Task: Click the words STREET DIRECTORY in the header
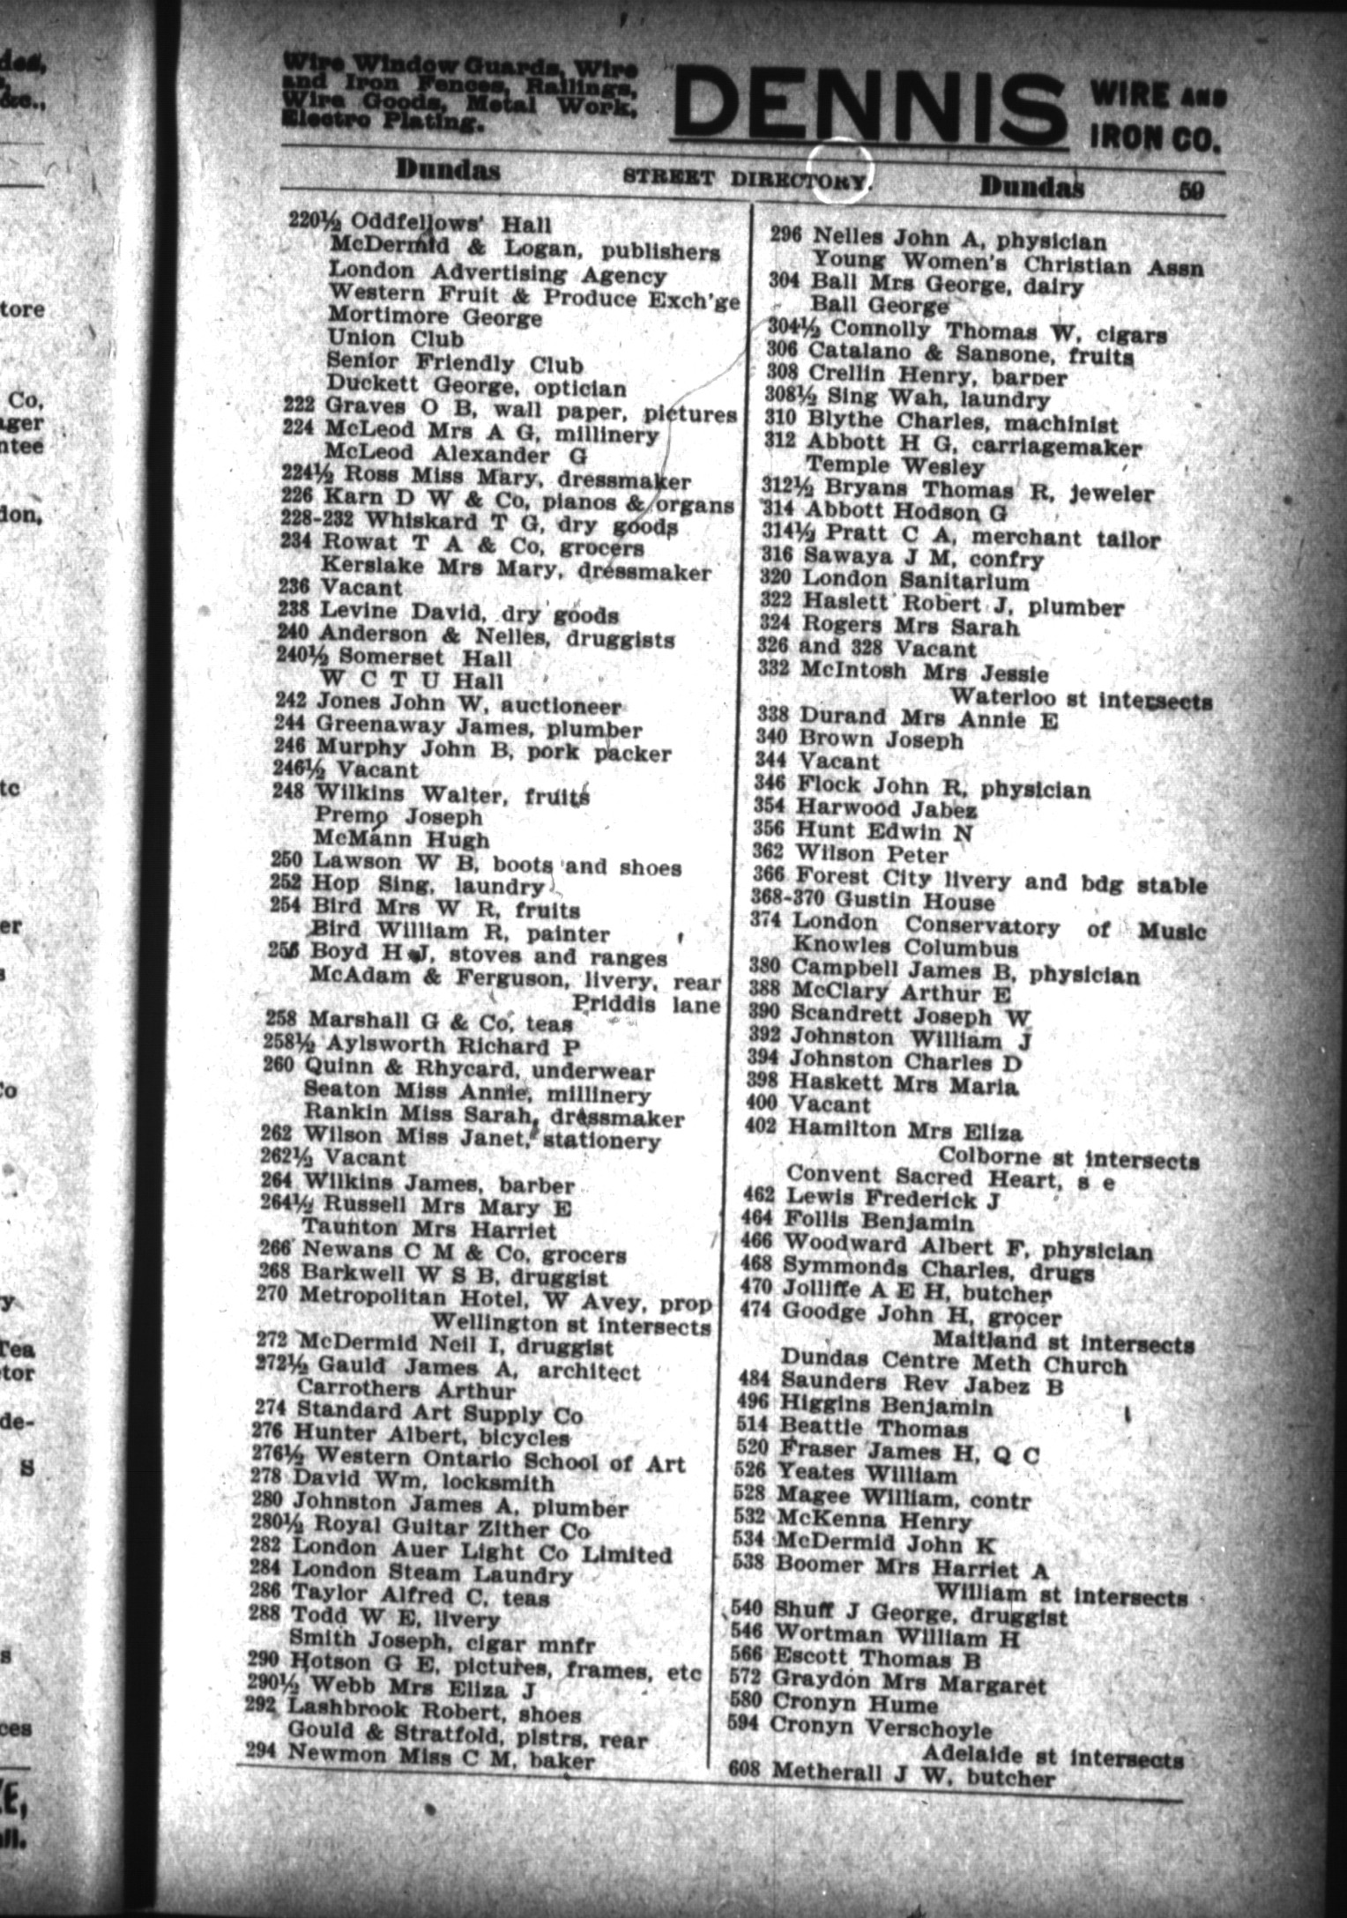745,177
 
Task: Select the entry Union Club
395,338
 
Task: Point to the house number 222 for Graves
300,405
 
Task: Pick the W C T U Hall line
413,680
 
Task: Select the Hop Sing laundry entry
428,886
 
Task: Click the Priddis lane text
646,1004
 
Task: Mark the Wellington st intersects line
569,1325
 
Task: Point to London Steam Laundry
432,1572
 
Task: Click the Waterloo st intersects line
1081,699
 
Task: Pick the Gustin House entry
914,902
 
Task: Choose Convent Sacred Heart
951,1177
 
